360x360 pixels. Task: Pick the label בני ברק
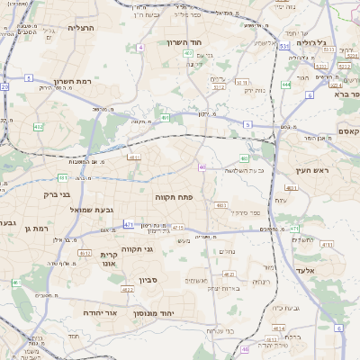click(56, 193)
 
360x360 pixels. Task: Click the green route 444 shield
click(285, 85)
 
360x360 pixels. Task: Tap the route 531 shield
click(283, 44)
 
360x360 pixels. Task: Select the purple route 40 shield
click(202, 167)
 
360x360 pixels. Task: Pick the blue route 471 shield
click(129, 224)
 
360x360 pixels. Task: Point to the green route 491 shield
click(166, 117)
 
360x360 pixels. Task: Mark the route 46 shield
click(246, 348)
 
